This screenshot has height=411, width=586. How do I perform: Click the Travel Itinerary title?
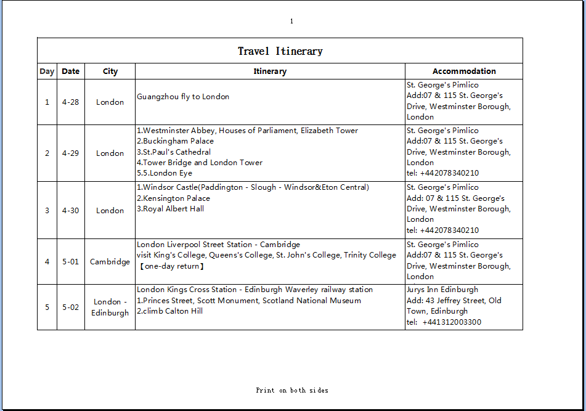point(280,51)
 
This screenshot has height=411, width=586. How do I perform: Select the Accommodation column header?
point(464,71)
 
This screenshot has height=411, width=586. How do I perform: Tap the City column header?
point(110,71)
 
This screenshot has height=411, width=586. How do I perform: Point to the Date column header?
point(71,71)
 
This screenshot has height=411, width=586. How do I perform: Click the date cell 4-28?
point(71,102)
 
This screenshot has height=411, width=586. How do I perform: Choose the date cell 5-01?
point(71,262)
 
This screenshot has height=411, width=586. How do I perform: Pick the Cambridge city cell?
point(110,262)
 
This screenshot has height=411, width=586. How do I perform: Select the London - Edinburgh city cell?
point(110,307)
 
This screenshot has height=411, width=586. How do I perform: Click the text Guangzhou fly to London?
point(183,97)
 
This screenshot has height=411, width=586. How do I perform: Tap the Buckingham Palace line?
point(176,141)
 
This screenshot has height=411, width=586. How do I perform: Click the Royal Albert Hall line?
point(171,209)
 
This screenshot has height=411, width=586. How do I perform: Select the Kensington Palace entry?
point(174,198)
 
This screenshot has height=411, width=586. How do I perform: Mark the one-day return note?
point(171,266)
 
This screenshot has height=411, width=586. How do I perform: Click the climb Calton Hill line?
point(170,311)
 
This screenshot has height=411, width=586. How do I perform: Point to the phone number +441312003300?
point(452,322)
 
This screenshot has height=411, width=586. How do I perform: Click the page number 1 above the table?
point(291,22)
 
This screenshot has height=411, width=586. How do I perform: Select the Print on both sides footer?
point(292,390)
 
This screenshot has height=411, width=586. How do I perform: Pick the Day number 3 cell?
point(47,211)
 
